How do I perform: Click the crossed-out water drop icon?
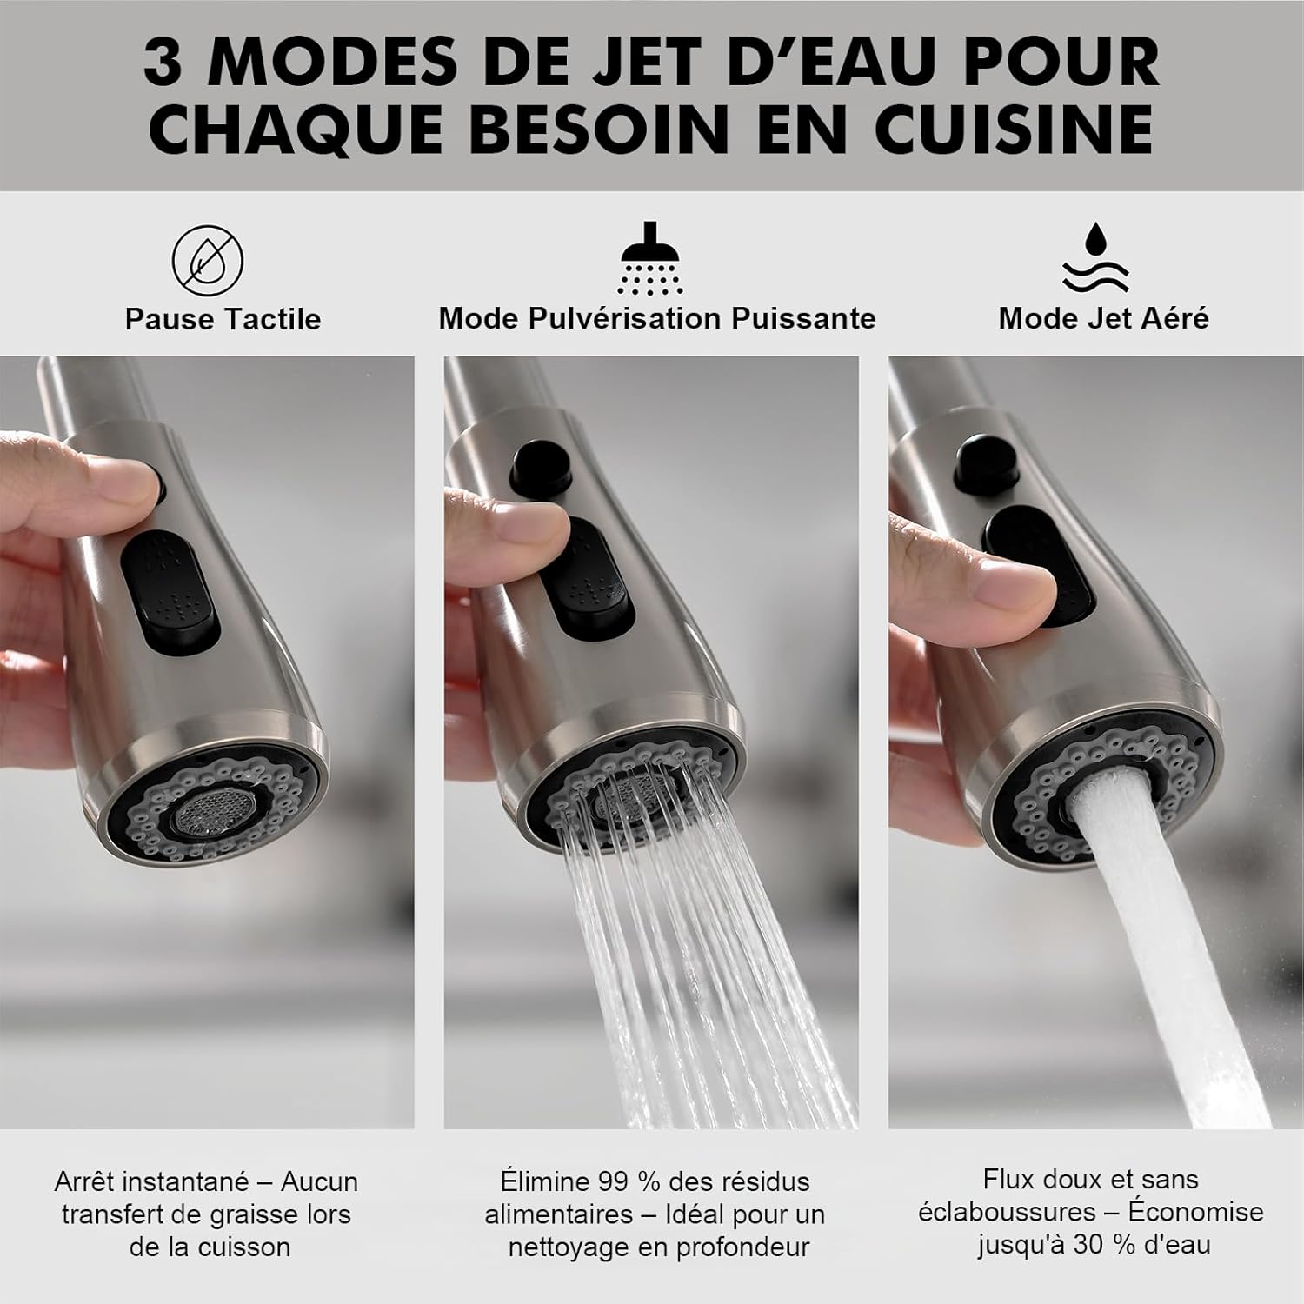point(207,260)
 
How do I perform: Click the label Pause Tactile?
point(223,319)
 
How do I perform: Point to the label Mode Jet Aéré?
point(1103,318)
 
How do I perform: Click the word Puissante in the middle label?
point(803,318)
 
